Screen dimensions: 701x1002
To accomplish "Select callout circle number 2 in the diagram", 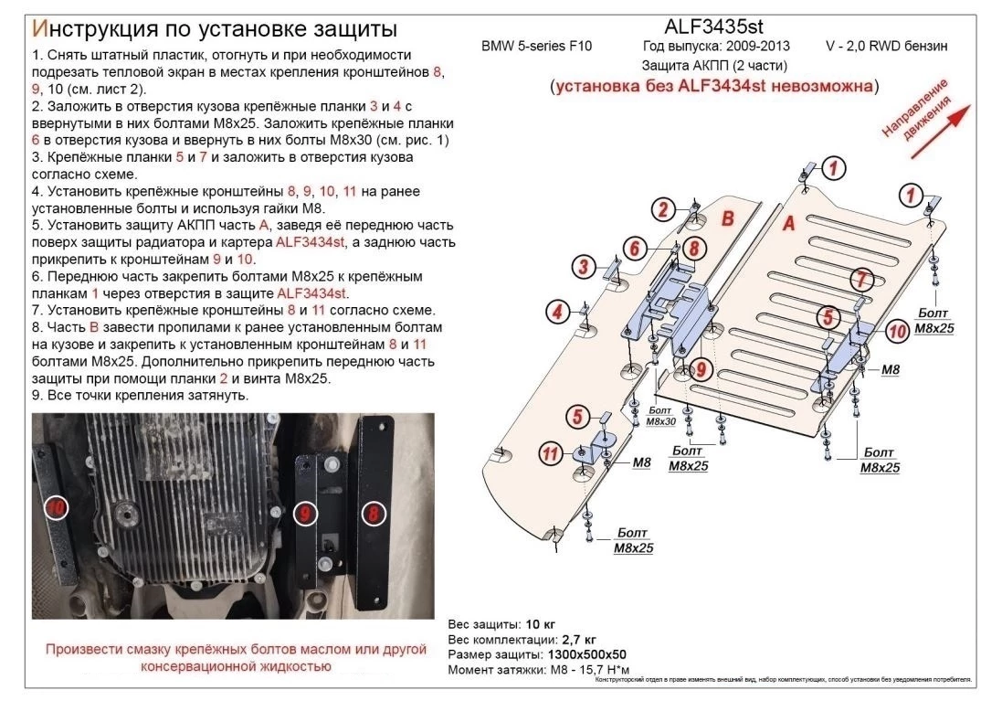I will (665, 208).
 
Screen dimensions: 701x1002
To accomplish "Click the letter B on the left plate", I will (728, 218).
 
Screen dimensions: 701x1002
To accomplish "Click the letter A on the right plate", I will (790, 222).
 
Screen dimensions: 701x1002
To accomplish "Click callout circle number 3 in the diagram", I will (581, 267).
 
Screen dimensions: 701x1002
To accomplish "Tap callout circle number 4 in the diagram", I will (556, 313).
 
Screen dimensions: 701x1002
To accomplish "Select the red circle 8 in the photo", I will (374, 514).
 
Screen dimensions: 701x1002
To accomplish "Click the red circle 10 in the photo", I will (56, 506).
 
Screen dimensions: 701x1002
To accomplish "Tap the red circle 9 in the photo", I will (304, 515).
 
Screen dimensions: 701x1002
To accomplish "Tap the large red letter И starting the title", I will (40, 23).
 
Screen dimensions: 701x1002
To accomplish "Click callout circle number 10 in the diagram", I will (897, 330).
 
